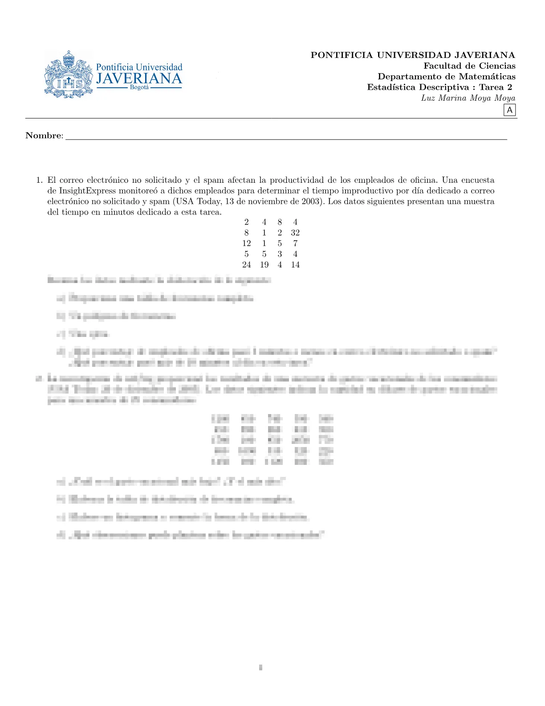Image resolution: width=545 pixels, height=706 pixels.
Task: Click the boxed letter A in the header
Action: pos(509,110)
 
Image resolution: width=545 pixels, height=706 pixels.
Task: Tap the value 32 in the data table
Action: pos(295,233)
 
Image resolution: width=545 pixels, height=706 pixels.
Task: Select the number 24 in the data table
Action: pos(246,265)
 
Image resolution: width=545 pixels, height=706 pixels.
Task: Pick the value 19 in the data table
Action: pos(264,265)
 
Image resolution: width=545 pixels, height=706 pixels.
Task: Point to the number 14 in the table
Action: pos(295,265)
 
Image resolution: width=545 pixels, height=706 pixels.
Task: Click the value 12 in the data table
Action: pos(246,243)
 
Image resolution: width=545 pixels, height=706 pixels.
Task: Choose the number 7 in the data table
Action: pos(295,243)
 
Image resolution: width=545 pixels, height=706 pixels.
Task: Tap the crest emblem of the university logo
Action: pos(69,74)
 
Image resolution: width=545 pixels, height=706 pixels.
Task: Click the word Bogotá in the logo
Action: pos(139,87)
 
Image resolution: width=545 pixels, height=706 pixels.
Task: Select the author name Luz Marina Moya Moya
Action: pos(468,98)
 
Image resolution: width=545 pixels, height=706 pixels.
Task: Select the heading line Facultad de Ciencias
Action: pos(469,66)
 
